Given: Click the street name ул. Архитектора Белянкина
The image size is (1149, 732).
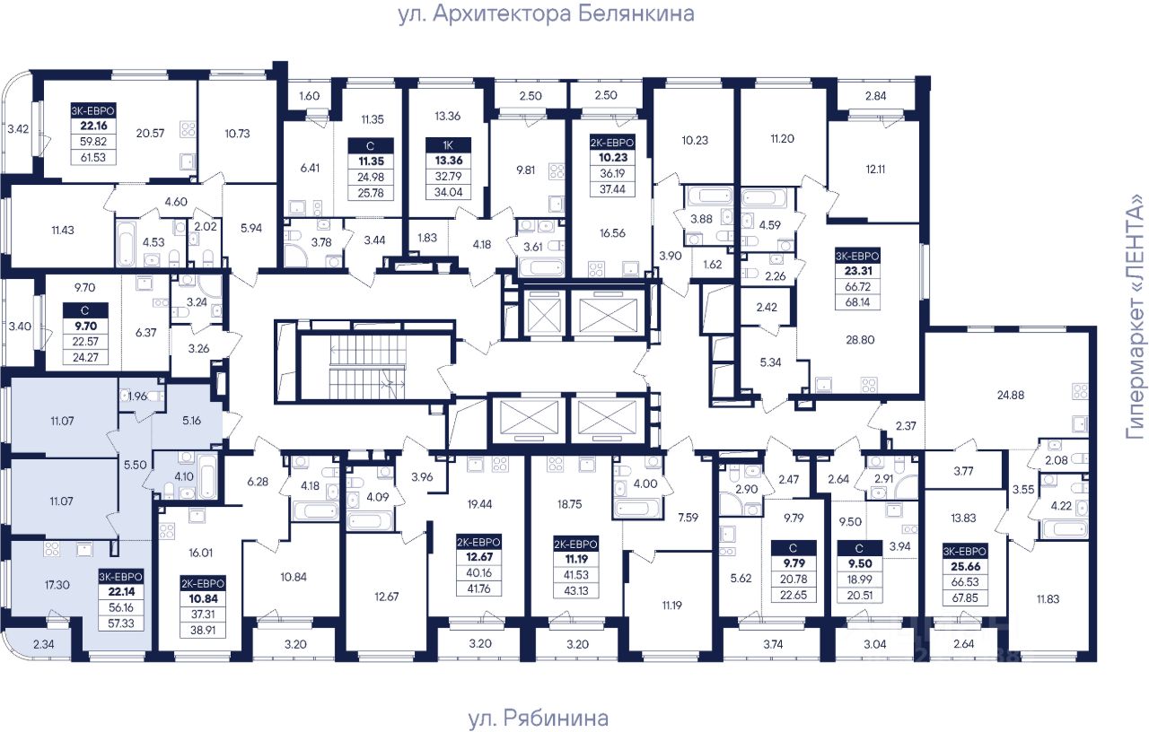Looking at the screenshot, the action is [547, 14].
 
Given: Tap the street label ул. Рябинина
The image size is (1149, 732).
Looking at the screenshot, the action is [538, 719].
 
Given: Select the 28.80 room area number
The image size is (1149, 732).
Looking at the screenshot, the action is [860, 339].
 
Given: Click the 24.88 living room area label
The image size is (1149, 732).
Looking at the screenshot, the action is [1011, 395].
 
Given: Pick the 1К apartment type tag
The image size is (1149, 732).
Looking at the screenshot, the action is [448, 145].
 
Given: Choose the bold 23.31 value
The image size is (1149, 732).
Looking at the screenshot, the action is [858, 271].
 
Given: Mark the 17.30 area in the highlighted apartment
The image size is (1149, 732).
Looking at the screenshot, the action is [57, 584].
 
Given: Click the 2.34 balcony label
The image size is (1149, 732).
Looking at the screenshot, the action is [44, 644].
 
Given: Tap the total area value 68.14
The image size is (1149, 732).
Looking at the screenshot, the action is [857, 302].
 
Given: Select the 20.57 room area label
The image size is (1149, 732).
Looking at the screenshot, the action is [150, 134].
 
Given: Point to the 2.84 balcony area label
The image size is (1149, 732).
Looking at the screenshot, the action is [875, 96].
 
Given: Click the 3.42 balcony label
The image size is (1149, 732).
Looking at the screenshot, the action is [18, 128].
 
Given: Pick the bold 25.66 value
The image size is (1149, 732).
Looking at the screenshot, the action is [966, 566].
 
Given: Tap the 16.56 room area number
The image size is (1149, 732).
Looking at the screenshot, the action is [612, 232].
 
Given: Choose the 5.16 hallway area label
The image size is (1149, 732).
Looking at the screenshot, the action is [192, 421].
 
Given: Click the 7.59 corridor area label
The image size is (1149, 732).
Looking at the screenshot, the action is [688, 518].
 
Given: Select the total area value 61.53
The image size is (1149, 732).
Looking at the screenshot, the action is [92, 157].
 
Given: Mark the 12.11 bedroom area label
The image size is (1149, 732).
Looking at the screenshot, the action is [875, 170].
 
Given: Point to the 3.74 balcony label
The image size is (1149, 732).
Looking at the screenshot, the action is [773, 644].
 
